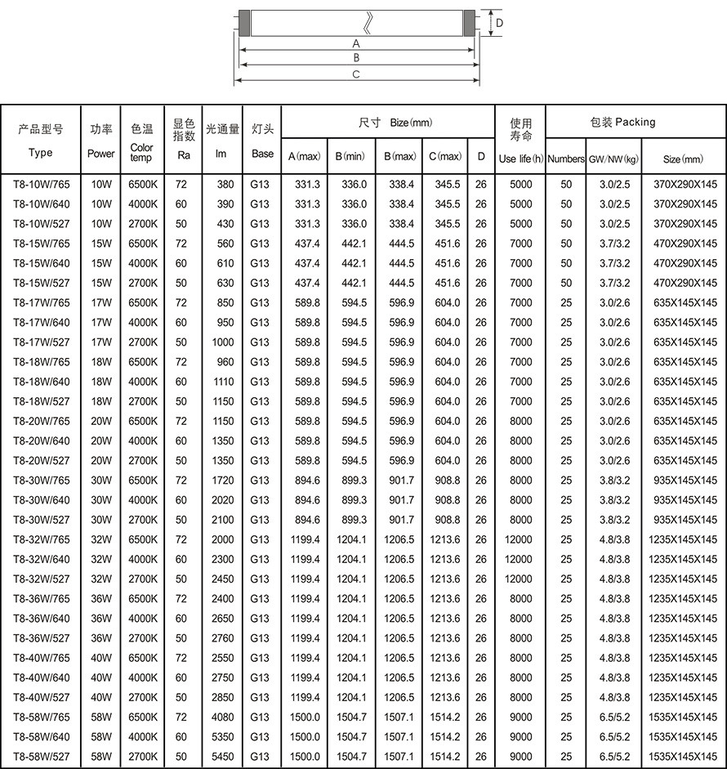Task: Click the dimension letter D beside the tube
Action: click(x=498, y=24)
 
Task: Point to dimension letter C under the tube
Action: click(x=356, y=74)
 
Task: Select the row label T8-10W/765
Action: click(x=42, y=185)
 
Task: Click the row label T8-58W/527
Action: click(x=42, y=757)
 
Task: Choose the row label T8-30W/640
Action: click(x=42, y=500)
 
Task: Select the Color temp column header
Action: click(x=142, y=153)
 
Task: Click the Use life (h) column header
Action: click(x=521, y=158)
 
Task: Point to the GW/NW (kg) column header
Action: click(x=613, y=158)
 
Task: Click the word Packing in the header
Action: click(x=636, y=122)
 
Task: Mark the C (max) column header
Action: click(x=444, y=155)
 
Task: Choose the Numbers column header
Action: click(x=566, y=158)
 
